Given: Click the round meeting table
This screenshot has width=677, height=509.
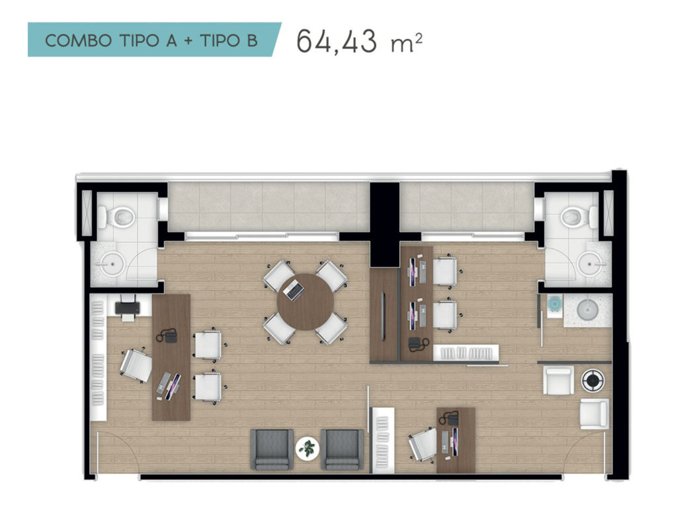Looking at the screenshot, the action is coord(305,302).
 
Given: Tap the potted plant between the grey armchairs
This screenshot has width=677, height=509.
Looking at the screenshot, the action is coord(307,448).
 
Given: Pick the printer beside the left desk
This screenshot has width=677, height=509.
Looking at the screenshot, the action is coord(128,308).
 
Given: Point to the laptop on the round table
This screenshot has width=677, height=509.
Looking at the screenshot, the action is coord(294,290).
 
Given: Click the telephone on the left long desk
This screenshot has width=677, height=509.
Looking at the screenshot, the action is coord(167,336).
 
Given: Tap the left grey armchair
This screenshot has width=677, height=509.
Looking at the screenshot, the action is coord(272,449).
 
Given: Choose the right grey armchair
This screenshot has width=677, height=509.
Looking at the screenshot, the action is coord(342,449).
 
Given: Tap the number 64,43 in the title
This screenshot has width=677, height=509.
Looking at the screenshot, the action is coord(337,42).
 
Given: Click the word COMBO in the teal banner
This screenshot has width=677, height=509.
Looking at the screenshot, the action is coord(79,41).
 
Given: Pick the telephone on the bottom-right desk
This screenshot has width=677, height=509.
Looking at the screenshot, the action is coord(449,418).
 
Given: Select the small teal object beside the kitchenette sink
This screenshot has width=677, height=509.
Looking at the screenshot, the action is coord(553,304).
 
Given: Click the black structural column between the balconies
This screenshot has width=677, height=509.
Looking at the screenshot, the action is coord(384,224).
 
